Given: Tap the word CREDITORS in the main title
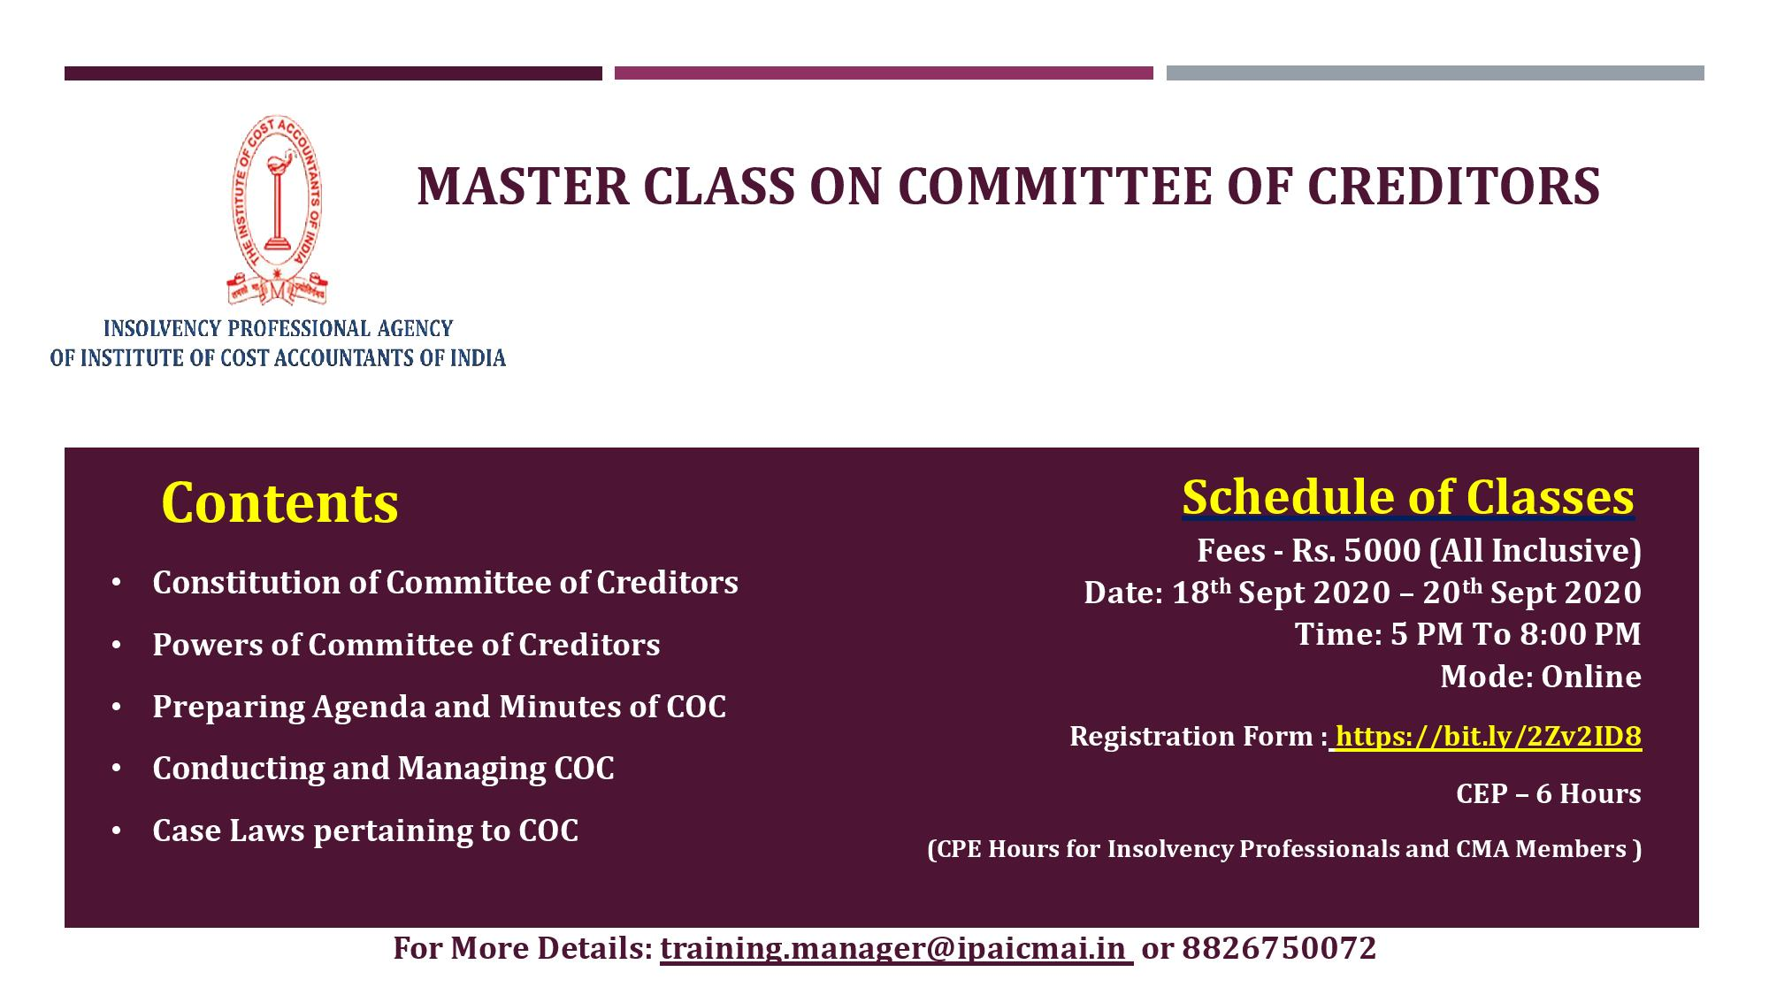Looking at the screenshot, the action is tap(1453, 187).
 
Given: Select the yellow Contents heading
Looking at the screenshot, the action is tap(280, 503).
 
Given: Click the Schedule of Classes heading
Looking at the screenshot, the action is tap(1408, 497).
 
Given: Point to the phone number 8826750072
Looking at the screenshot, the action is tap(1279, 948).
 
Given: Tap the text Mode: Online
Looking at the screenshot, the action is tap(1541, 677).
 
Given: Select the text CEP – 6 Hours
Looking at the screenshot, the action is tap(1549, 794).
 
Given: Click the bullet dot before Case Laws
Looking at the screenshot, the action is tap(117, 831).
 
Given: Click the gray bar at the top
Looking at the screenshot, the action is tap(1435, 73).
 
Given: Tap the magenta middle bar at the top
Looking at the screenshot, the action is tap(884, 73).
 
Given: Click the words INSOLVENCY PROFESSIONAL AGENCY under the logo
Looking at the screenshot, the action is tap(278, 329).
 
